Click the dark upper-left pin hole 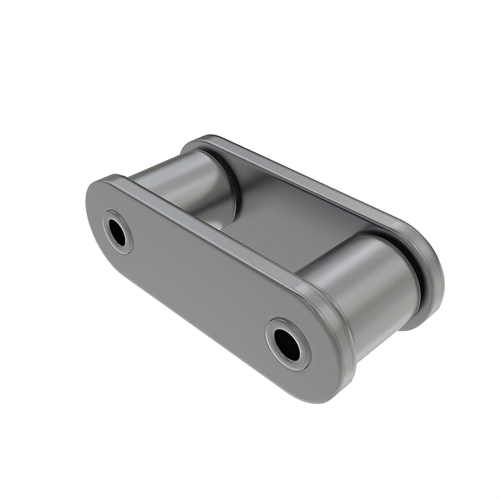[x=118, y=231]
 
